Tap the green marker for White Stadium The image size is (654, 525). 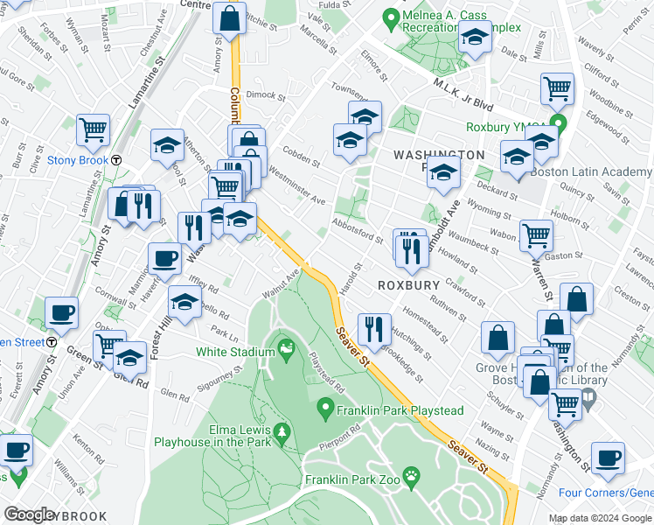285,352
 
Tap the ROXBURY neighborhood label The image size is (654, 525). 407,286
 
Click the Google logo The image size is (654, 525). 29,514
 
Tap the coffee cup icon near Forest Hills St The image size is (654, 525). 165,259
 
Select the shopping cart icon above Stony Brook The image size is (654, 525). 93,130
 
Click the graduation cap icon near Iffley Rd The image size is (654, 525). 184,302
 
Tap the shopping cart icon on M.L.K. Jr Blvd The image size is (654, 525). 557,88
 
